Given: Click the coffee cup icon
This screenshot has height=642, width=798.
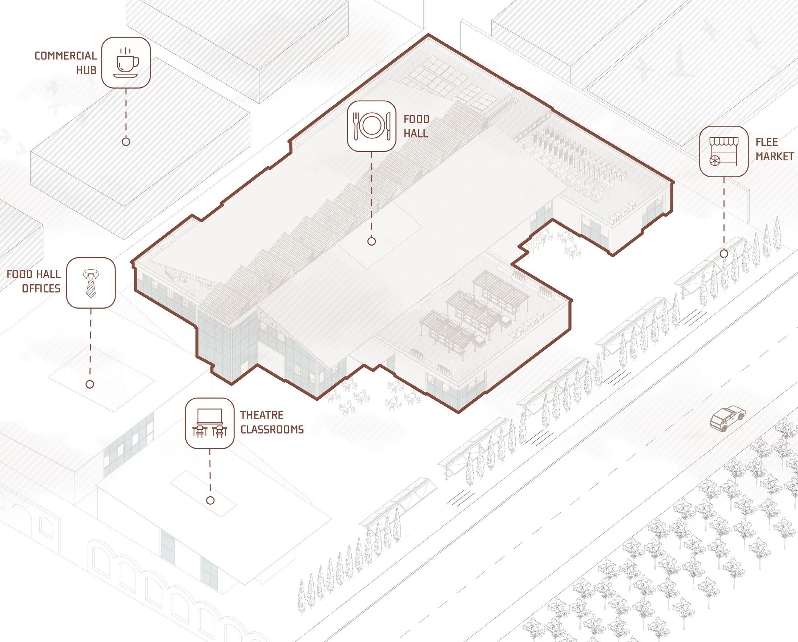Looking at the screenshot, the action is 126,62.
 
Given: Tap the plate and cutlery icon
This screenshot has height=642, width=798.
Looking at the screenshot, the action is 371,126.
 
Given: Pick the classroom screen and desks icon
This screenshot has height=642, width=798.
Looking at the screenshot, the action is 210,423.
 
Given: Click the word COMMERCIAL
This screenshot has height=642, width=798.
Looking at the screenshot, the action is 65,56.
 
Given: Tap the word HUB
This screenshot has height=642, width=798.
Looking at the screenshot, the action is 86,70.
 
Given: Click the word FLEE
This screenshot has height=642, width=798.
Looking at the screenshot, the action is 767,142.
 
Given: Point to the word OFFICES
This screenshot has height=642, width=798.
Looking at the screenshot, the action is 41,288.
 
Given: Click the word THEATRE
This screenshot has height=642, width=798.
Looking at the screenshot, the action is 262,415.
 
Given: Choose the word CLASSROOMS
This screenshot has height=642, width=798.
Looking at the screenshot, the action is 272,429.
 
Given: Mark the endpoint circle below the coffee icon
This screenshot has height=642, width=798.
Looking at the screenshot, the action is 126,141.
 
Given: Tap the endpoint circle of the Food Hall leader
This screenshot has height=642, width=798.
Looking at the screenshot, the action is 372,241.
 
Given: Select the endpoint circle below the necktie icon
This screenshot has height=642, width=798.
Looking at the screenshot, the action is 89,384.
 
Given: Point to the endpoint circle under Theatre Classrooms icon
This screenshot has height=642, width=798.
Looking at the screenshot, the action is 210,500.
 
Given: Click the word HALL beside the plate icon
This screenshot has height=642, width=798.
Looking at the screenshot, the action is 416,133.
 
